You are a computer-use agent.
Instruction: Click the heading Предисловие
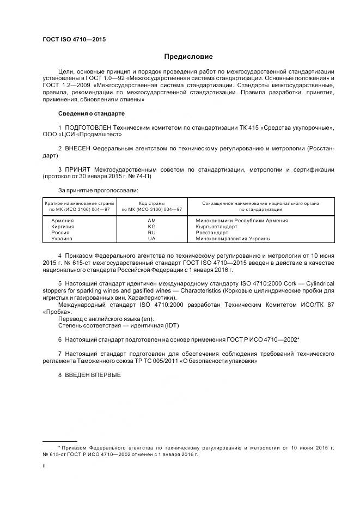188,57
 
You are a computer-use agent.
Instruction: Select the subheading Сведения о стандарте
91,114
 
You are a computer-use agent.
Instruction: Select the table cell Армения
63,221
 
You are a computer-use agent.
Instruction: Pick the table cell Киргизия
63,227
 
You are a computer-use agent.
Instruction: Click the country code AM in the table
152,221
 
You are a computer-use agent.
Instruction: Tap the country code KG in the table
152,227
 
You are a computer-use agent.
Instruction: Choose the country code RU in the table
152,233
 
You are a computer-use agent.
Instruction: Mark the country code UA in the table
152,239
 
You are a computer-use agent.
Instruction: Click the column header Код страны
152,203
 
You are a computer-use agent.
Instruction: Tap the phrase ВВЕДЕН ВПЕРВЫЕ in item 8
92,375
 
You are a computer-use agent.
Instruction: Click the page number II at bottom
44,466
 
